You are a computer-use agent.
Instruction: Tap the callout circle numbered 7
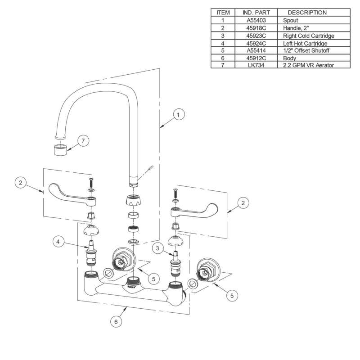[82, 141]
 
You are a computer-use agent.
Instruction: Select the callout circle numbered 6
[116, 322]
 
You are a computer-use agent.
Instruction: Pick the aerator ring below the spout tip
[60, 149]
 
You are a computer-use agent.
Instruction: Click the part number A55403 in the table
[256, 21]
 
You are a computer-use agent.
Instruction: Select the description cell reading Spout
[290, 21]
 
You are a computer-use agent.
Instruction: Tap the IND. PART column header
[256, 13]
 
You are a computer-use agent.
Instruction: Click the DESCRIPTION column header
[307, 13]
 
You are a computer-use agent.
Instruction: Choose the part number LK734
[256, 65]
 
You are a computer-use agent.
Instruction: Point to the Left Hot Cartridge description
[305, 43]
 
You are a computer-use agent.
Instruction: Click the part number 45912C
[256, 58]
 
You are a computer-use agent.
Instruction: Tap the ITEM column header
[223, 13]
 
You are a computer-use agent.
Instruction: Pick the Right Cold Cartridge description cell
[308, 36]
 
